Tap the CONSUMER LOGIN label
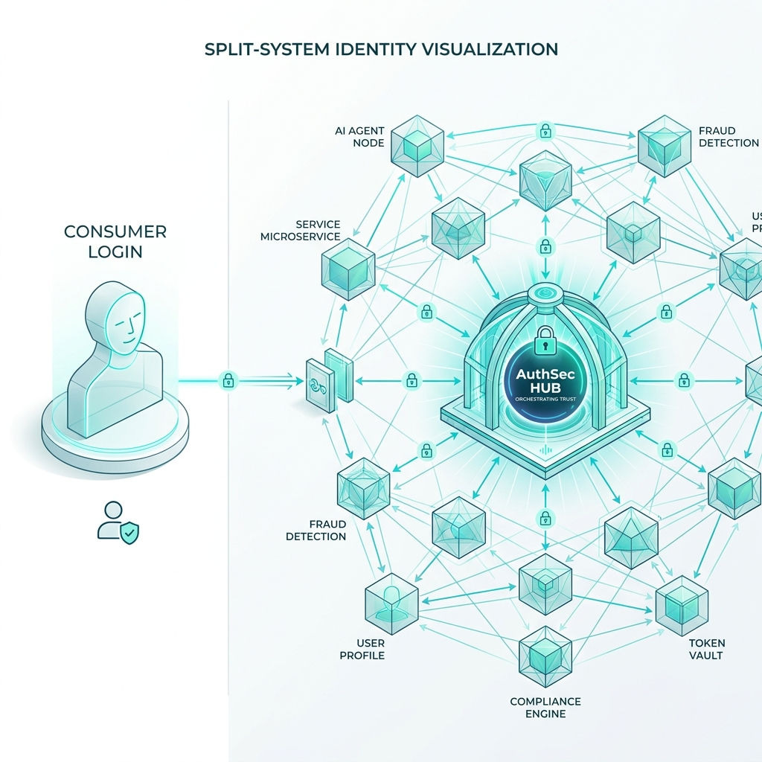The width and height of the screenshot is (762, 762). tap(115, 241)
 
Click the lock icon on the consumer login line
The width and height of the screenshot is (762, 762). tap(228, 380)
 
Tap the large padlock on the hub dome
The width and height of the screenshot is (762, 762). tap(545, 340)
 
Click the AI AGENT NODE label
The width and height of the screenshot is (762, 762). tap(359, 137)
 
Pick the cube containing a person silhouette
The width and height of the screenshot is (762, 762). tap(391, 603)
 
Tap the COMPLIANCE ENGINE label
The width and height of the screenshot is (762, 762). tap(545, 708)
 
